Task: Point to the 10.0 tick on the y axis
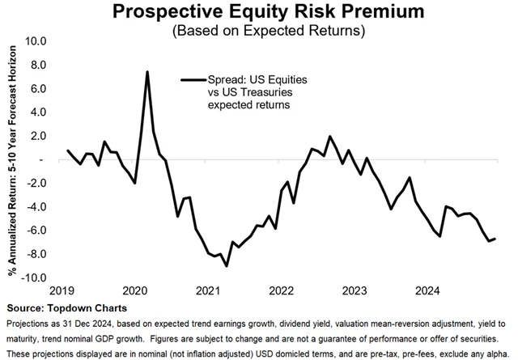coord(37,41)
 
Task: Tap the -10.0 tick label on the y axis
coord(36,277)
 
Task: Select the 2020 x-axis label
coord(134,290)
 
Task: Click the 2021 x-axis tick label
coord(207,290)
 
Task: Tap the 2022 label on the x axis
coord(281,290)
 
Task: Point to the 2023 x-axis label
coord(354,290)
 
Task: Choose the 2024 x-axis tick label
coord(427,290)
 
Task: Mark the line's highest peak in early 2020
coord(147,72)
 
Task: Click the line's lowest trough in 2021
coord(227,265)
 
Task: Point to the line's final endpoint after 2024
coord(495,238)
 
